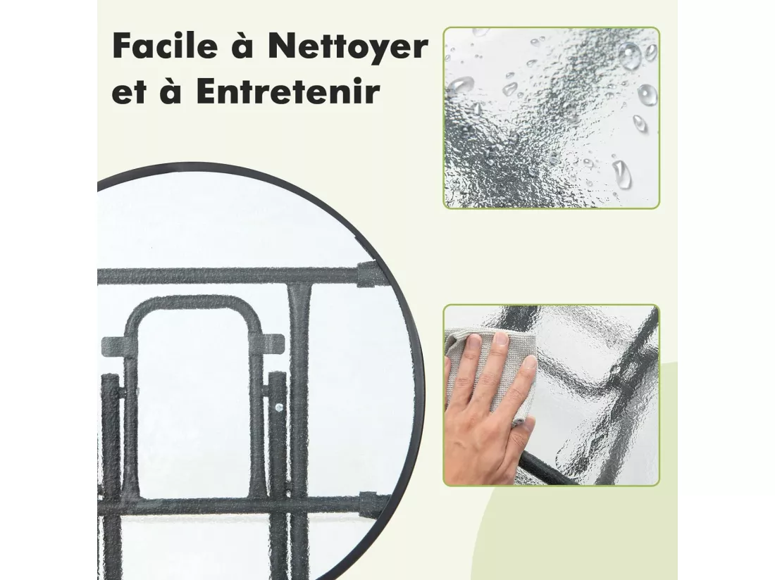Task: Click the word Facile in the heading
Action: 165,46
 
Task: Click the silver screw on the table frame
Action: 279,408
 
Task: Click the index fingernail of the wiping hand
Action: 501,338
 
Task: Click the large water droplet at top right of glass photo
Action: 629,55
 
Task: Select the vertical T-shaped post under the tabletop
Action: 299,395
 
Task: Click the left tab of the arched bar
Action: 113,343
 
